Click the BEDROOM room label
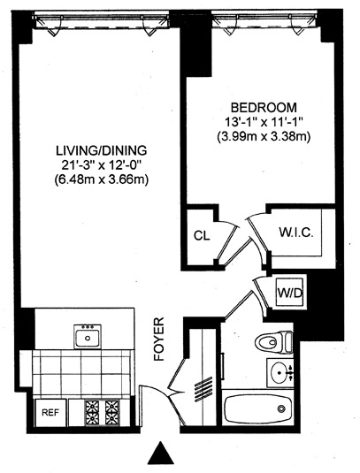click(x=264, y=107)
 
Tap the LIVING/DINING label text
click(x=102, y=150)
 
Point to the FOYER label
click(x=158, y=339)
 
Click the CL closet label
click(x=202, y=235)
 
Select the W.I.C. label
click(x=296, y=233)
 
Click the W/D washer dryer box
click(x=290, y=293)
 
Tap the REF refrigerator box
click(x=50, y=412)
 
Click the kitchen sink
click(x=88, y=336)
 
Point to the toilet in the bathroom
click(x=273, y=342)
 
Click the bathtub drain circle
click(x=282, y=408)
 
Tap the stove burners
click(x=103, y=413)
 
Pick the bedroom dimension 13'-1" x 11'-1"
click(x=264, y=123)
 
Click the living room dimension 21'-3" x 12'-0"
click(x=102, y=165)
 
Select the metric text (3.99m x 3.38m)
click(x=264, y=138)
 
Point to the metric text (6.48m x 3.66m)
click(x=102, y=180)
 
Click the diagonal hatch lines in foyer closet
click(x=203, y=389)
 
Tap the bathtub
click(x=257, y=408)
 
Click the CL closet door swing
click(x=227, y=240)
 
